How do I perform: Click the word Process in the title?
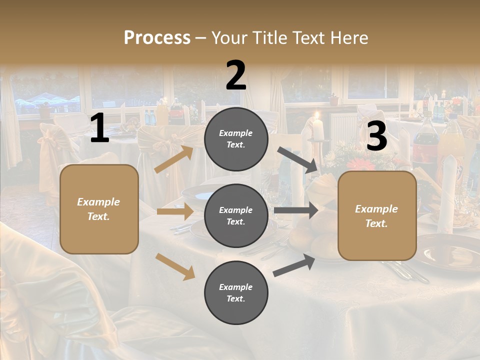[157, 38]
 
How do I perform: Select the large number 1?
[99, 128]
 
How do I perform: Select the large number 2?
[236, 75]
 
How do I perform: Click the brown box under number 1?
[99, 209]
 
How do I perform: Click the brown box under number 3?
[377, 216]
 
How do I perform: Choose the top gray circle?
[236, 139]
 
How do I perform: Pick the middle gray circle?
[236, 215]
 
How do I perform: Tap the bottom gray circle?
[236, 292]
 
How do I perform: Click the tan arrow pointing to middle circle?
[175, 211]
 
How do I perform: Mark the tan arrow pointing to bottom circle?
[175, 266]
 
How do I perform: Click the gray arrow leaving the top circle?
[297, 160]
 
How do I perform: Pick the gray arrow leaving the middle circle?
[295, 210]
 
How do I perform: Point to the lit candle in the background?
[317, 127]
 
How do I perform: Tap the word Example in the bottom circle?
[235, 287]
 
